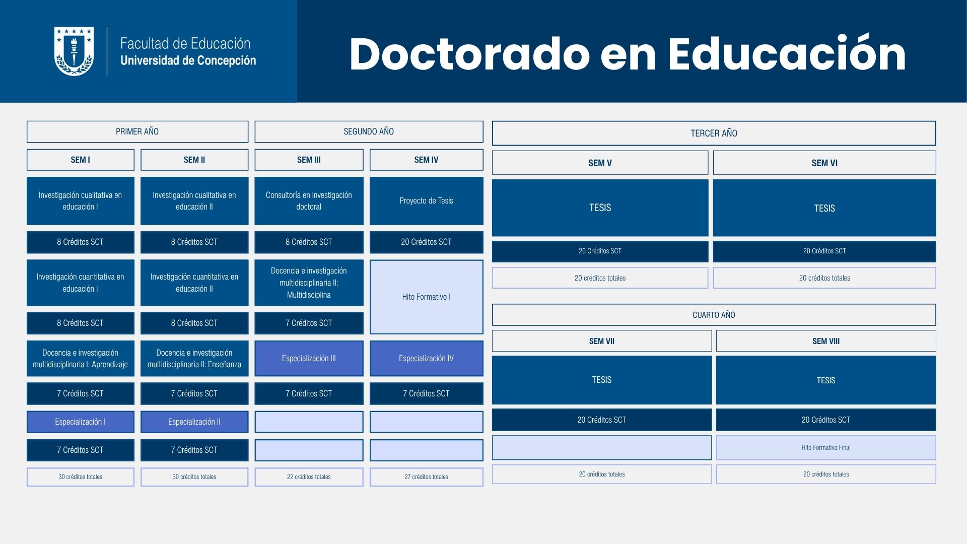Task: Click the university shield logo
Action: pyautogui.click(x=74, y=51)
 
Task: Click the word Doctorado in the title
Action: pyautogui.click(x=469, y=54)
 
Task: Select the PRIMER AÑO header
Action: pyautogui.click(x=137, y=131)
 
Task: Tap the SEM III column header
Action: pyautogui.click(x=309, y=160)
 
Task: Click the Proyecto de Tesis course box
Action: pyautogui.click(x=427, y=200)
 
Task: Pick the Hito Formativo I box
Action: pyautogui.click(x=427, y=297)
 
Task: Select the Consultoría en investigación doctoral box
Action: pyautogui.click(x=309, y=200)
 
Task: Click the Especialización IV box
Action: pyautogui.click(x=427, y=358)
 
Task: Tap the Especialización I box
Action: pyautogui.click(x=81, y=422)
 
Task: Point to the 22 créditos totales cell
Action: pyautogui.click(x=309, y=477)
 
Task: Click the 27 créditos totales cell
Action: pyautogui.click(x=427, y=477)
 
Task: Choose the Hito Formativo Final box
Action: pyautogui.click(x=826, y=447)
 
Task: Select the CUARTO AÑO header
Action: pyautogui.click(x=714, y=315)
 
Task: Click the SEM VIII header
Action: pyautogui.click(x=826, y=341)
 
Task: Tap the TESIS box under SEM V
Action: pyautogui.click(x=600, y=208)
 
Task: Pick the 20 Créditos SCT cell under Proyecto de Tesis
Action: pyautogui.click(x=427, y=242)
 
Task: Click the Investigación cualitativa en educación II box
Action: pyautogui.click(x=194, y=200)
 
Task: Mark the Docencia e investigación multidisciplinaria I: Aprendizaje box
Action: pyautogui.click(x=81, y=358)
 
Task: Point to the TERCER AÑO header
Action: pyautogui.click(x=714, y=133)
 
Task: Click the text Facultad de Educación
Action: pyautogui.click(x=185, y=43)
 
